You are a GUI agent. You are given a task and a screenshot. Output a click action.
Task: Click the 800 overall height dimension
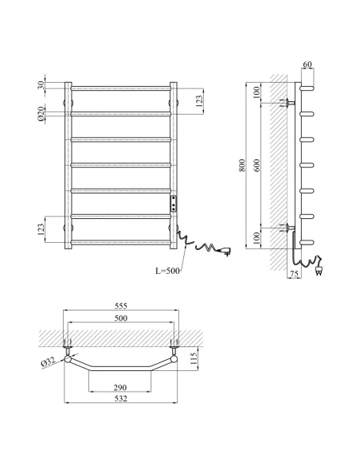(242, 165)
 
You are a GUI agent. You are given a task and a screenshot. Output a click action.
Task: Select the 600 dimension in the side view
(256, 165)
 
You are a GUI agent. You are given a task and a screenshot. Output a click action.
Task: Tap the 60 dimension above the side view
(307, 64)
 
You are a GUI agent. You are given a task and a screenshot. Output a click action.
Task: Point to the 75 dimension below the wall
(294, 274)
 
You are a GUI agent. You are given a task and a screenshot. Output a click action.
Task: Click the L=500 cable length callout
(167, 271)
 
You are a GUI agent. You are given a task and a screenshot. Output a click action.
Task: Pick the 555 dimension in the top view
(121, 306)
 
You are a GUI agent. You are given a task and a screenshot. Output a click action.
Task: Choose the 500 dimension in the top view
(121, 318)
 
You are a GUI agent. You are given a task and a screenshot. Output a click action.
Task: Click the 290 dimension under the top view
(120, 387)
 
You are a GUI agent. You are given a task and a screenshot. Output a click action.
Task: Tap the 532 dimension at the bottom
(121, 398)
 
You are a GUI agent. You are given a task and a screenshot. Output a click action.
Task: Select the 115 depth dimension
(194, 358)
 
